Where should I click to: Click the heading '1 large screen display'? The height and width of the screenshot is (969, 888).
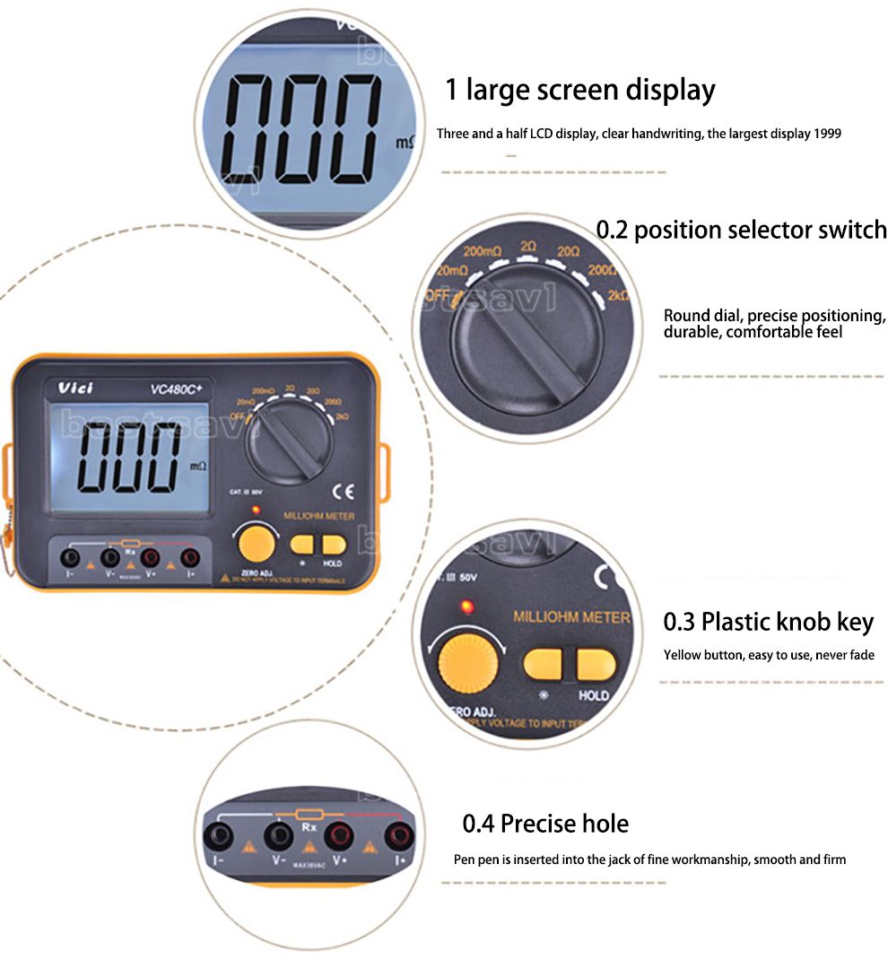[x=580, y=91]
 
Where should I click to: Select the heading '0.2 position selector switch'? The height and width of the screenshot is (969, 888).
[x=741, y=230]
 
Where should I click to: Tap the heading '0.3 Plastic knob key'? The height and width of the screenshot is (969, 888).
[x=768, y=622]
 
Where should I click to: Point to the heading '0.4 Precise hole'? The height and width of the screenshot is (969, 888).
[x=545, y=824]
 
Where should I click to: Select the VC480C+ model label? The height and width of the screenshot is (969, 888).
[x=177, y=388]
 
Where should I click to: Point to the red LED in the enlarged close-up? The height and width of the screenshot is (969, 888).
[x=465, y=608]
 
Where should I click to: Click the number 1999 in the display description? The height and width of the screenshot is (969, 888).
[x=827, y=134]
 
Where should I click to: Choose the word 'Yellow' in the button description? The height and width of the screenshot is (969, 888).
[x=682, y=655]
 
